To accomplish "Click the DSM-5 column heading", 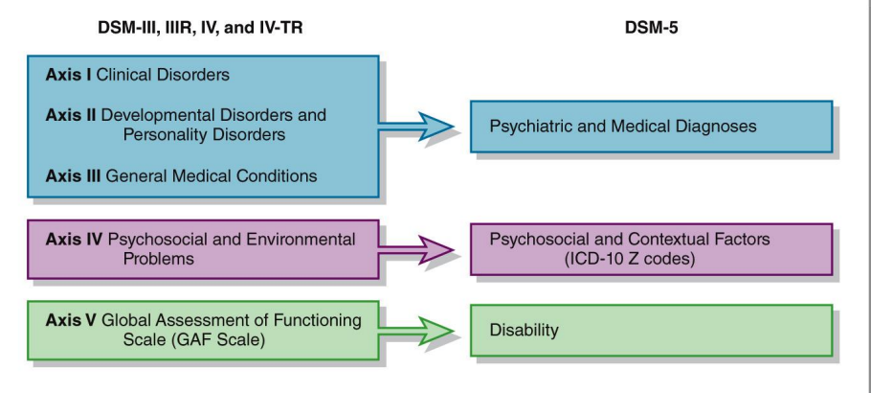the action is (651, 28).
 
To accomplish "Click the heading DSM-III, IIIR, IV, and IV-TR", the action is (200, 28).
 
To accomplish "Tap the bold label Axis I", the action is (68, 75).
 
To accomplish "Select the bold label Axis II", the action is (71, 115).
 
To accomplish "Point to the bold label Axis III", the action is (74, 176).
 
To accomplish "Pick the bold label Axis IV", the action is (74, 240).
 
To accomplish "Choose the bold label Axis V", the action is (71, 320).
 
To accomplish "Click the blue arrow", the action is (415, 127).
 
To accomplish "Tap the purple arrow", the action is (415, 250).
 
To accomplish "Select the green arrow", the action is (415, 332).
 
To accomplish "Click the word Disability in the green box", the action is (524, 331).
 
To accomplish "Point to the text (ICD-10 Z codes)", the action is (630, 260).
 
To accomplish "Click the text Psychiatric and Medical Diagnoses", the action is (623, 127).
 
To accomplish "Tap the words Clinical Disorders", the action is (163, 75).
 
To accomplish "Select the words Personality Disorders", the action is (205, 135).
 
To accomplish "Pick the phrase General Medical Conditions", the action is (212, 176).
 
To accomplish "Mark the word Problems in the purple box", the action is (159, 259).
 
